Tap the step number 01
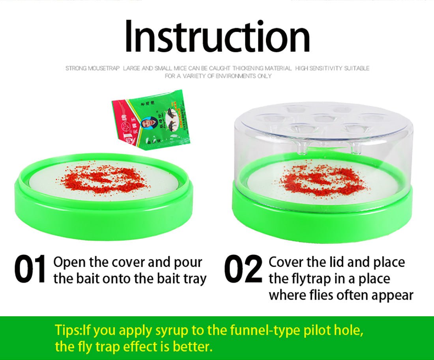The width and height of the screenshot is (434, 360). click(x=30, y=270)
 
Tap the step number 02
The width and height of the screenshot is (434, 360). click(x=243, y=270)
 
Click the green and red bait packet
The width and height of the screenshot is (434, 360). click(x=152, y=118)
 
